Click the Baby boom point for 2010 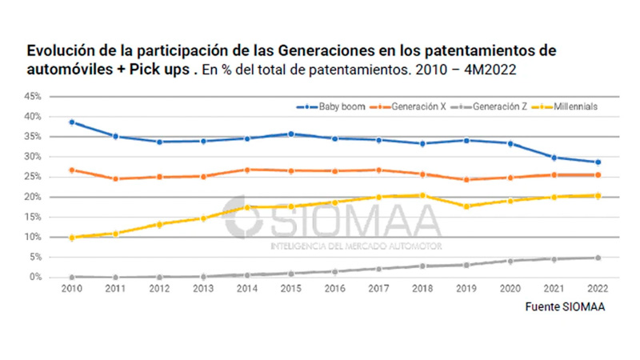click(x=72, y=122)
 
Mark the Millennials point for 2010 click(x=72, y=238)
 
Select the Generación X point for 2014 click(x=246, y=170)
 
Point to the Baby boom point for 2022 click(x=596, y=162)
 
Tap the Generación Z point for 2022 click(x=596, y=258)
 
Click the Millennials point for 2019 click(x=465, y=206)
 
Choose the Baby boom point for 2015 click(x=290, y=134)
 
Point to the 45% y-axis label click(x=33, y=96)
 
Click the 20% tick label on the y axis click(x=33, y=197)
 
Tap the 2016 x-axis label click(x=334, y=289)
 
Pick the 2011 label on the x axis click(x=115, y=289)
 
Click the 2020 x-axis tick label click(x=509, y=289)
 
